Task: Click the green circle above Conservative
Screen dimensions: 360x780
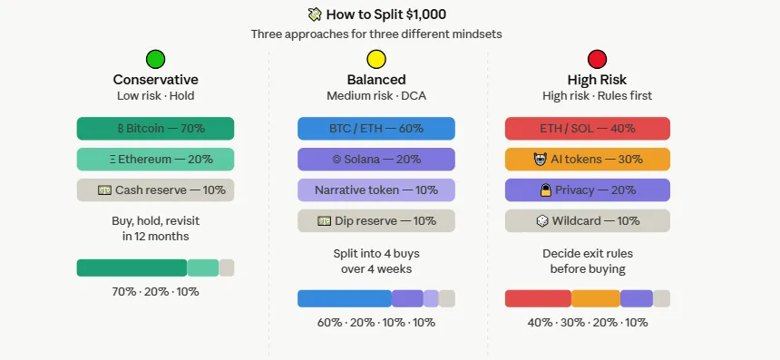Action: pyautogui.click(x=155, y=60)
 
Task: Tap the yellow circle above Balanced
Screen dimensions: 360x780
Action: pyautogui.click(x=376, y=60)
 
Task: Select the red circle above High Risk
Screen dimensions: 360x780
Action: pyautogui.click(x=597, y=60)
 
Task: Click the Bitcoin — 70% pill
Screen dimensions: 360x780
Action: pyautogui.click(x=155, y=129)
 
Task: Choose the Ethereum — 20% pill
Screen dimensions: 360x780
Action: pyautogui.click(x=155, y=160)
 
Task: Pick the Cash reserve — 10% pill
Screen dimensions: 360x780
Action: pyautogui.click(x=155, y=190)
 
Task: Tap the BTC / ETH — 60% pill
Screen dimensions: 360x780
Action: pyautogui.click(x=376, y=129)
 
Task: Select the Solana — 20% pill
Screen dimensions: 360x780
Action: pyautogui.click(x=376, y=160)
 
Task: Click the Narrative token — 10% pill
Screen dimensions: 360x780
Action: pyautogui.click(x=376, y=190)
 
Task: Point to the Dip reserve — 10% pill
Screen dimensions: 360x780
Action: pyautogui.click(x=376, y=221)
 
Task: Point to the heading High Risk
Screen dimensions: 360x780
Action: pyautogui.click(x=597, y=80)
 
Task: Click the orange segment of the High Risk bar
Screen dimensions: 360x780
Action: pyautogui.click(x=596, y=298)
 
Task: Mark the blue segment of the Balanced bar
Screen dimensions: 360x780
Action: pyautogui.click(x=344, y=298)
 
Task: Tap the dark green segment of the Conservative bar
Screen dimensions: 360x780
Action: pyautogui.click(x=132, y=268)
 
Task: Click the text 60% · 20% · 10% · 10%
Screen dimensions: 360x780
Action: pyautogui.click(x=376, y=323)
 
